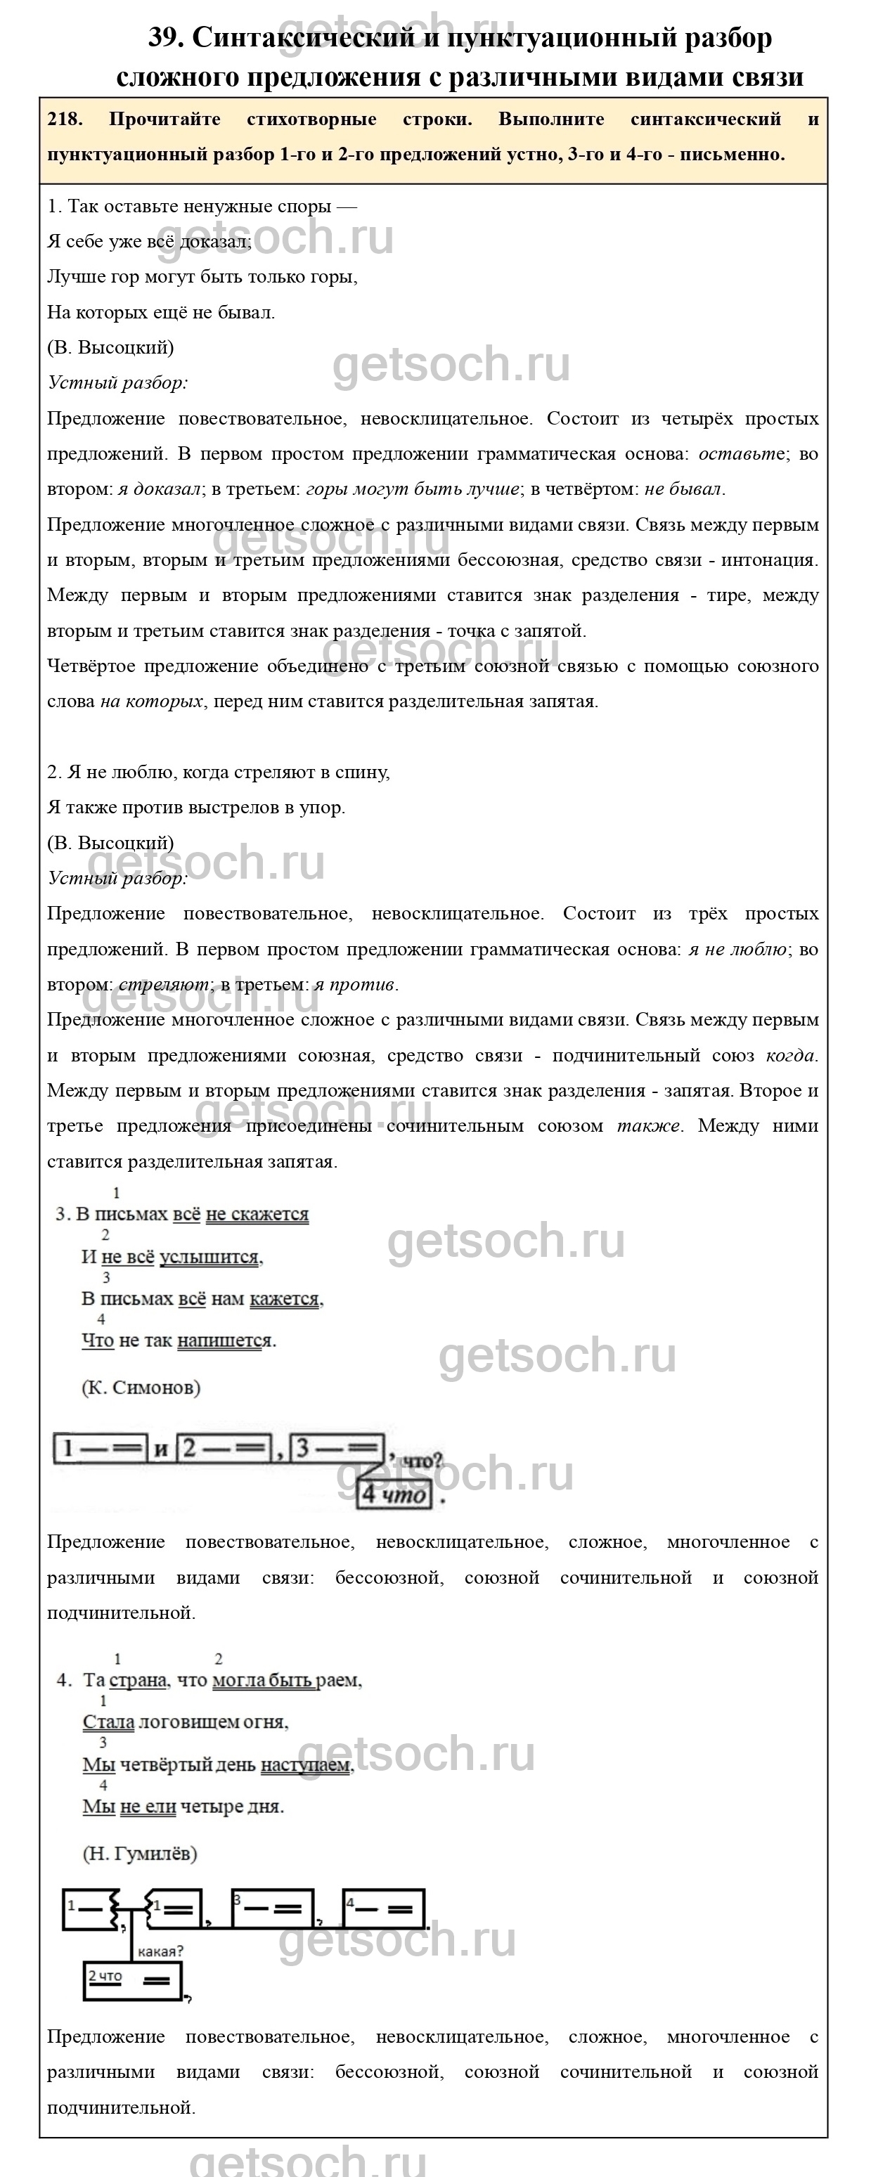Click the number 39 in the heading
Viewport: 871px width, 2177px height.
pos(166,38)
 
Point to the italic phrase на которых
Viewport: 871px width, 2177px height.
pos(151,702)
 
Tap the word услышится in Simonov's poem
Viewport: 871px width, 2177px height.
pos(209,1257)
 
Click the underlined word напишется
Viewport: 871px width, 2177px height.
pos(225,1341)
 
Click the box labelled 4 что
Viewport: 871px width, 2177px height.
pos(395,1494)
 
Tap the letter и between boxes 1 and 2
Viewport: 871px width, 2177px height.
pos(162,1450)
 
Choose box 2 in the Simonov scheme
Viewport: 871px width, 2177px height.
pos(225,1449)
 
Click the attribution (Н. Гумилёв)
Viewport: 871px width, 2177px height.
pos(139,1854)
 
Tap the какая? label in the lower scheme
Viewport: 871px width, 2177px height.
pos(160,1951)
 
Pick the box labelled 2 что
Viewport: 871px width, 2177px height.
pos(134,1980)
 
